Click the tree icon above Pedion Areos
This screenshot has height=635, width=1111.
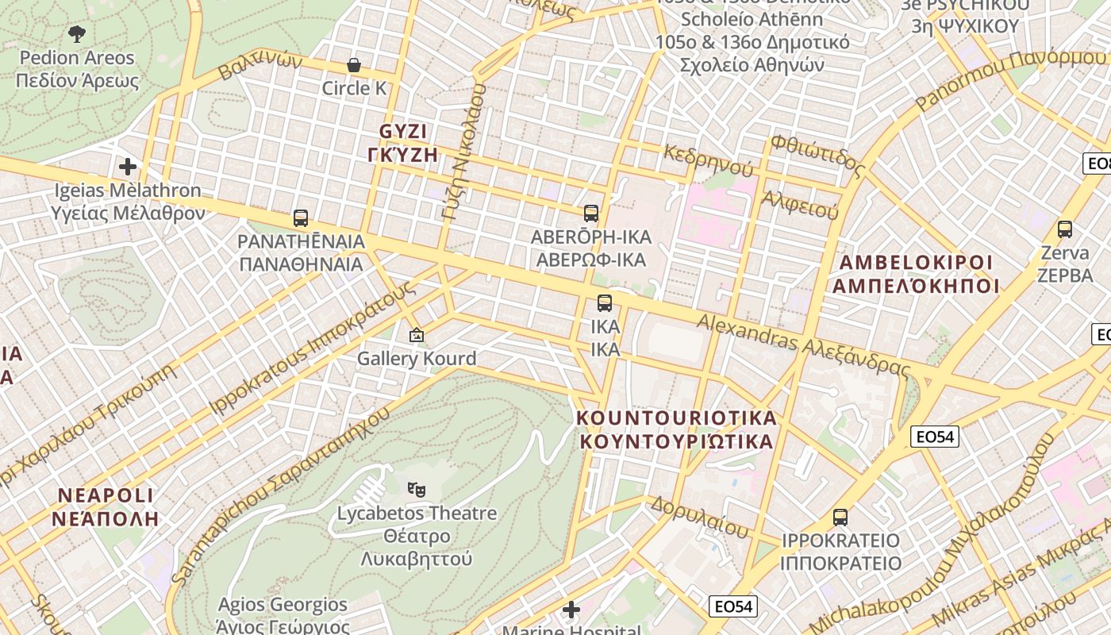(77, 34)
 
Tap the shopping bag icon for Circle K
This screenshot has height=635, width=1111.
(354, 65)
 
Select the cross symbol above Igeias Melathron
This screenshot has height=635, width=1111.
(128, 167)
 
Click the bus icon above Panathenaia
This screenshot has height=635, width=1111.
(301, 218)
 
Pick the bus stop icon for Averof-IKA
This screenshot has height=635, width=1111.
(591, 214)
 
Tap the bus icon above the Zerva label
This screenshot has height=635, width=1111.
(1065, 229)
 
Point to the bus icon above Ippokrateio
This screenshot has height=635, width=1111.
(840, 518)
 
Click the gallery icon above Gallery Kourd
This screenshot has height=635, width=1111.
(417, 336)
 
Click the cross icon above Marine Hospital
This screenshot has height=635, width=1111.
(571, 610)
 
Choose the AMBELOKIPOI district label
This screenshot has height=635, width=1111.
(916, 274)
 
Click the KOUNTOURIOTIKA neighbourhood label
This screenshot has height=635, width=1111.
(676, 429)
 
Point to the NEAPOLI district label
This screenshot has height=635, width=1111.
(106, 507)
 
